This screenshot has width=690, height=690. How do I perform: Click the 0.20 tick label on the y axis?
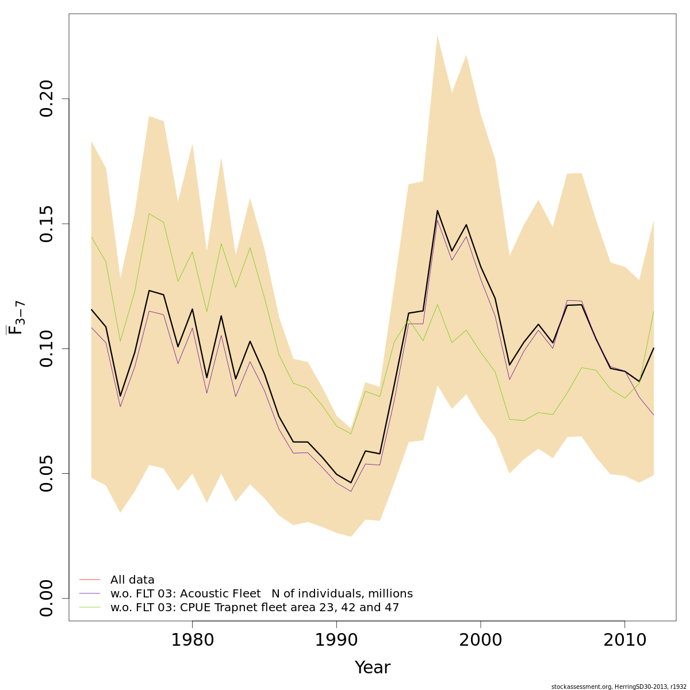(47, 99)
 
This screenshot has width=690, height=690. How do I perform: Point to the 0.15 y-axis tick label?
(47, 224)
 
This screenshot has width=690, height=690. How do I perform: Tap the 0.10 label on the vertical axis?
(47, 348)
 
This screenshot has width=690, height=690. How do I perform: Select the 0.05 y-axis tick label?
(47, 473)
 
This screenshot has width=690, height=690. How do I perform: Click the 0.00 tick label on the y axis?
(47, 599)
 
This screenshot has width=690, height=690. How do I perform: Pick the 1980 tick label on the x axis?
(192, 640)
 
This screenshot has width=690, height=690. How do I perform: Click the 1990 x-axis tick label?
(336, 640)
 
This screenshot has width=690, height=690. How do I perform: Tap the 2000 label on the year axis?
(481, 640)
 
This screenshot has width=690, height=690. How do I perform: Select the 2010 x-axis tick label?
(625, 640)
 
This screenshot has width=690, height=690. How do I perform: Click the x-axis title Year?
(372, 668)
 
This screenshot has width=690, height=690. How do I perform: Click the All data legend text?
(132, 580)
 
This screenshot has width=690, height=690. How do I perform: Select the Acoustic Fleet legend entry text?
(262, 594)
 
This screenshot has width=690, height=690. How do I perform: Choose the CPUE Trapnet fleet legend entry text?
(255, 608)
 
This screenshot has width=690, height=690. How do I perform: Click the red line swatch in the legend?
(90, 580)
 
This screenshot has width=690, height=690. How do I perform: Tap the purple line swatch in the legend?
(90, 593)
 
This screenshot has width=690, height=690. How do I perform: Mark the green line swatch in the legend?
(90, 607)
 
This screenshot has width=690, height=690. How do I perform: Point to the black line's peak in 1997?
(438, 210)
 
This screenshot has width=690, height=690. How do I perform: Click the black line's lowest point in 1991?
(351, 482)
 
